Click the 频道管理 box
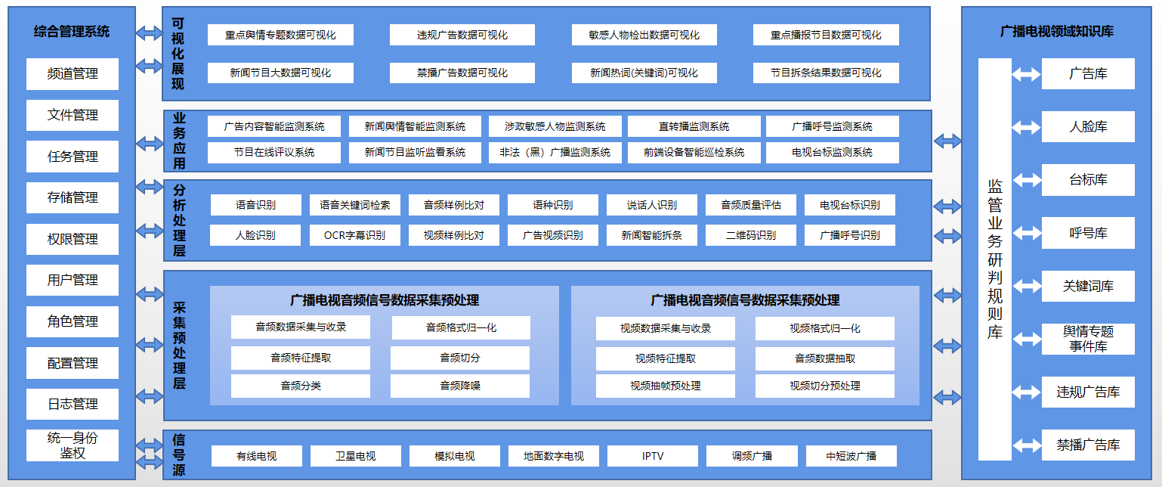(72, 73)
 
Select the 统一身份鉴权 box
(72, 445)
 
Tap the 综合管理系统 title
(72, 32)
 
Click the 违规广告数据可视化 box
(462, 35)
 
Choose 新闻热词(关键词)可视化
(644, 73)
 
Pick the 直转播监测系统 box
(694, 126)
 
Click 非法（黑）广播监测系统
(555, 152)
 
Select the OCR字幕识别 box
(355, 235)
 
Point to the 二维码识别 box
(751, 235)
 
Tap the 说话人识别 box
(652, 205)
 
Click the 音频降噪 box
(460, 386)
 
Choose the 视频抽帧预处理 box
(666, 386)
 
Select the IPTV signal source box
(653, 456)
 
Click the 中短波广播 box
(851, 456)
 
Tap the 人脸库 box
(1088, 127)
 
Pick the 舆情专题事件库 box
(1088, 339)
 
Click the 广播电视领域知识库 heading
(1057, 32)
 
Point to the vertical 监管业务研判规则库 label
(995, 259)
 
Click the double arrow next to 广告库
(1026, 74)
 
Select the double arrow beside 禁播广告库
(1027, 445)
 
